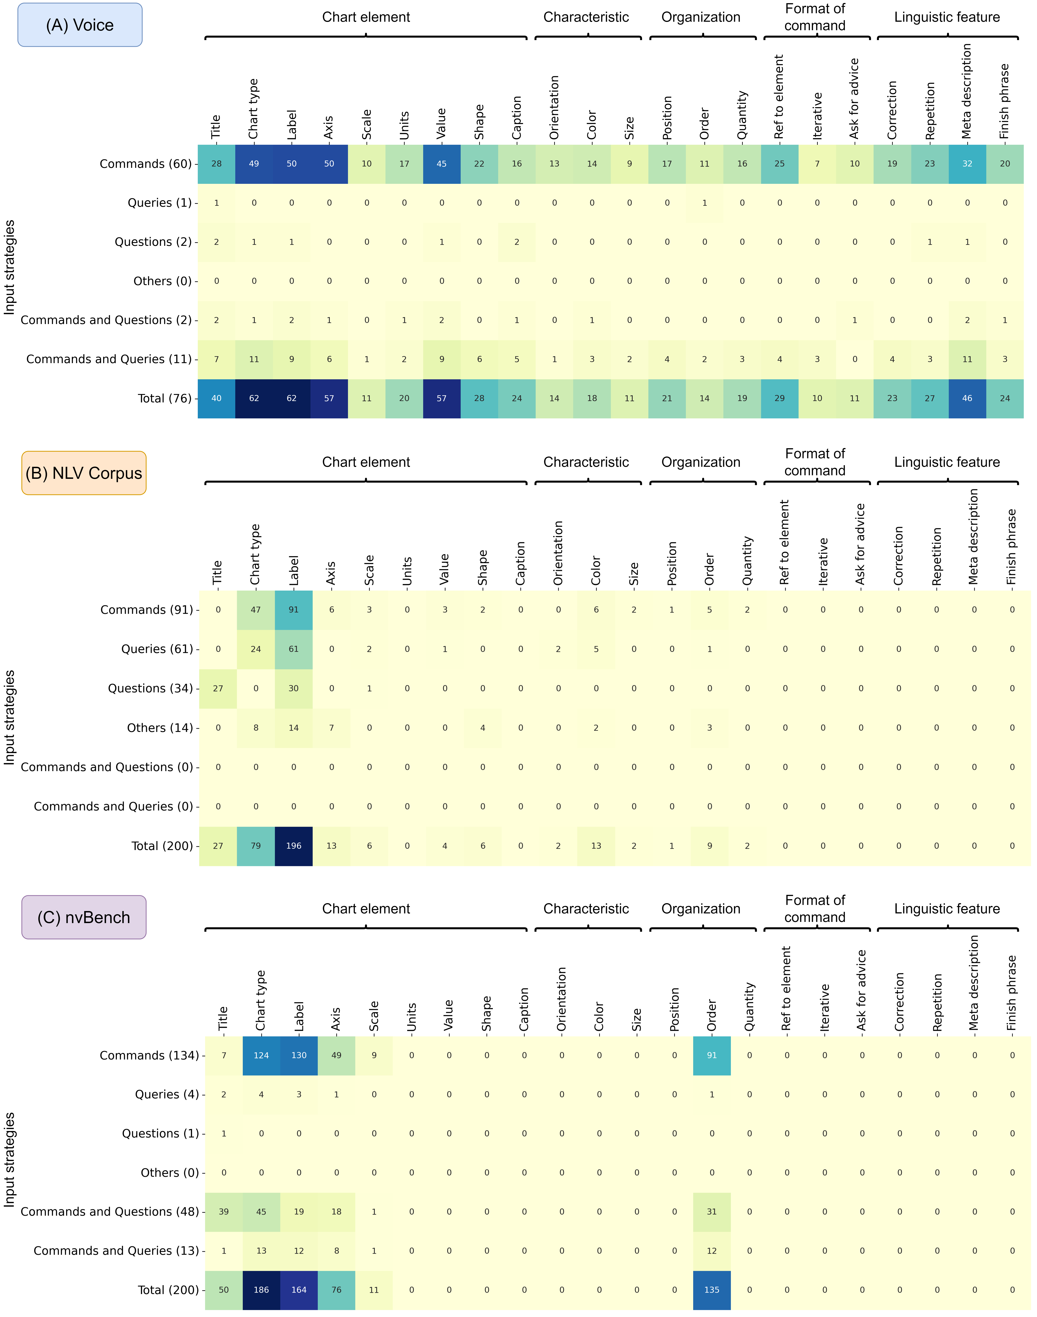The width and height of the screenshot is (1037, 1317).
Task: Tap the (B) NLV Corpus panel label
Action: [x=84, y=473]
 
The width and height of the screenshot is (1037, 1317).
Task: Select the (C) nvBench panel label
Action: [x=84, y=917]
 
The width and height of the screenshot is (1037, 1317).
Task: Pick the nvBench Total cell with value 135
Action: [x=712, y=1290]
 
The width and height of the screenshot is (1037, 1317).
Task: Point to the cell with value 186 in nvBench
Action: [x=261, y=1290]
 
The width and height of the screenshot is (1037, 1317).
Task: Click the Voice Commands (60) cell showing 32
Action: [x=967, y=164]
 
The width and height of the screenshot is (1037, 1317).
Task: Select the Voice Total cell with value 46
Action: [x=967, y=398]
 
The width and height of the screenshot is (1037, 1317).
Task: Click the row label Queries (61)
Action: [x=157, y=649]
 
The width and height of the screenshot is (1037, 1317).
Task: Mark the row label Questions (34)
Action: [x=150, y=688]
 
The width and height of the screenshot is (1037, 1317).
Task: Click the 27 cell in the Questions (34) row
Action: [x=218, y=688]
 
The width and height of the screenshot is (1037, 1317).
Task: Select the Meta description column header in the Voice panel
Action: [x=967, y=91]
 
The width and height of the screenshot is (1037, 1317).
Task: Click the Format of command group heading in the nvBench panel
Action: [x=815, y=909]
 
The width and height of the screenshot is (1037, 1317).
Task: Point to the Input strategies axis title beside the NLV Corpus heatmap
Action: [x=9, y=717]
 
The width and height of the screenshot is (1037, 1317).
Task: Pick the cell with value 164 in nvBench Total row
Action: [x=299, y=1290]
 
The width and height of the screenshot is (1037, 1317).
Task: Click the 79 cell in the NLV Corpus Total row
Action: [x=256, y=846]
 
